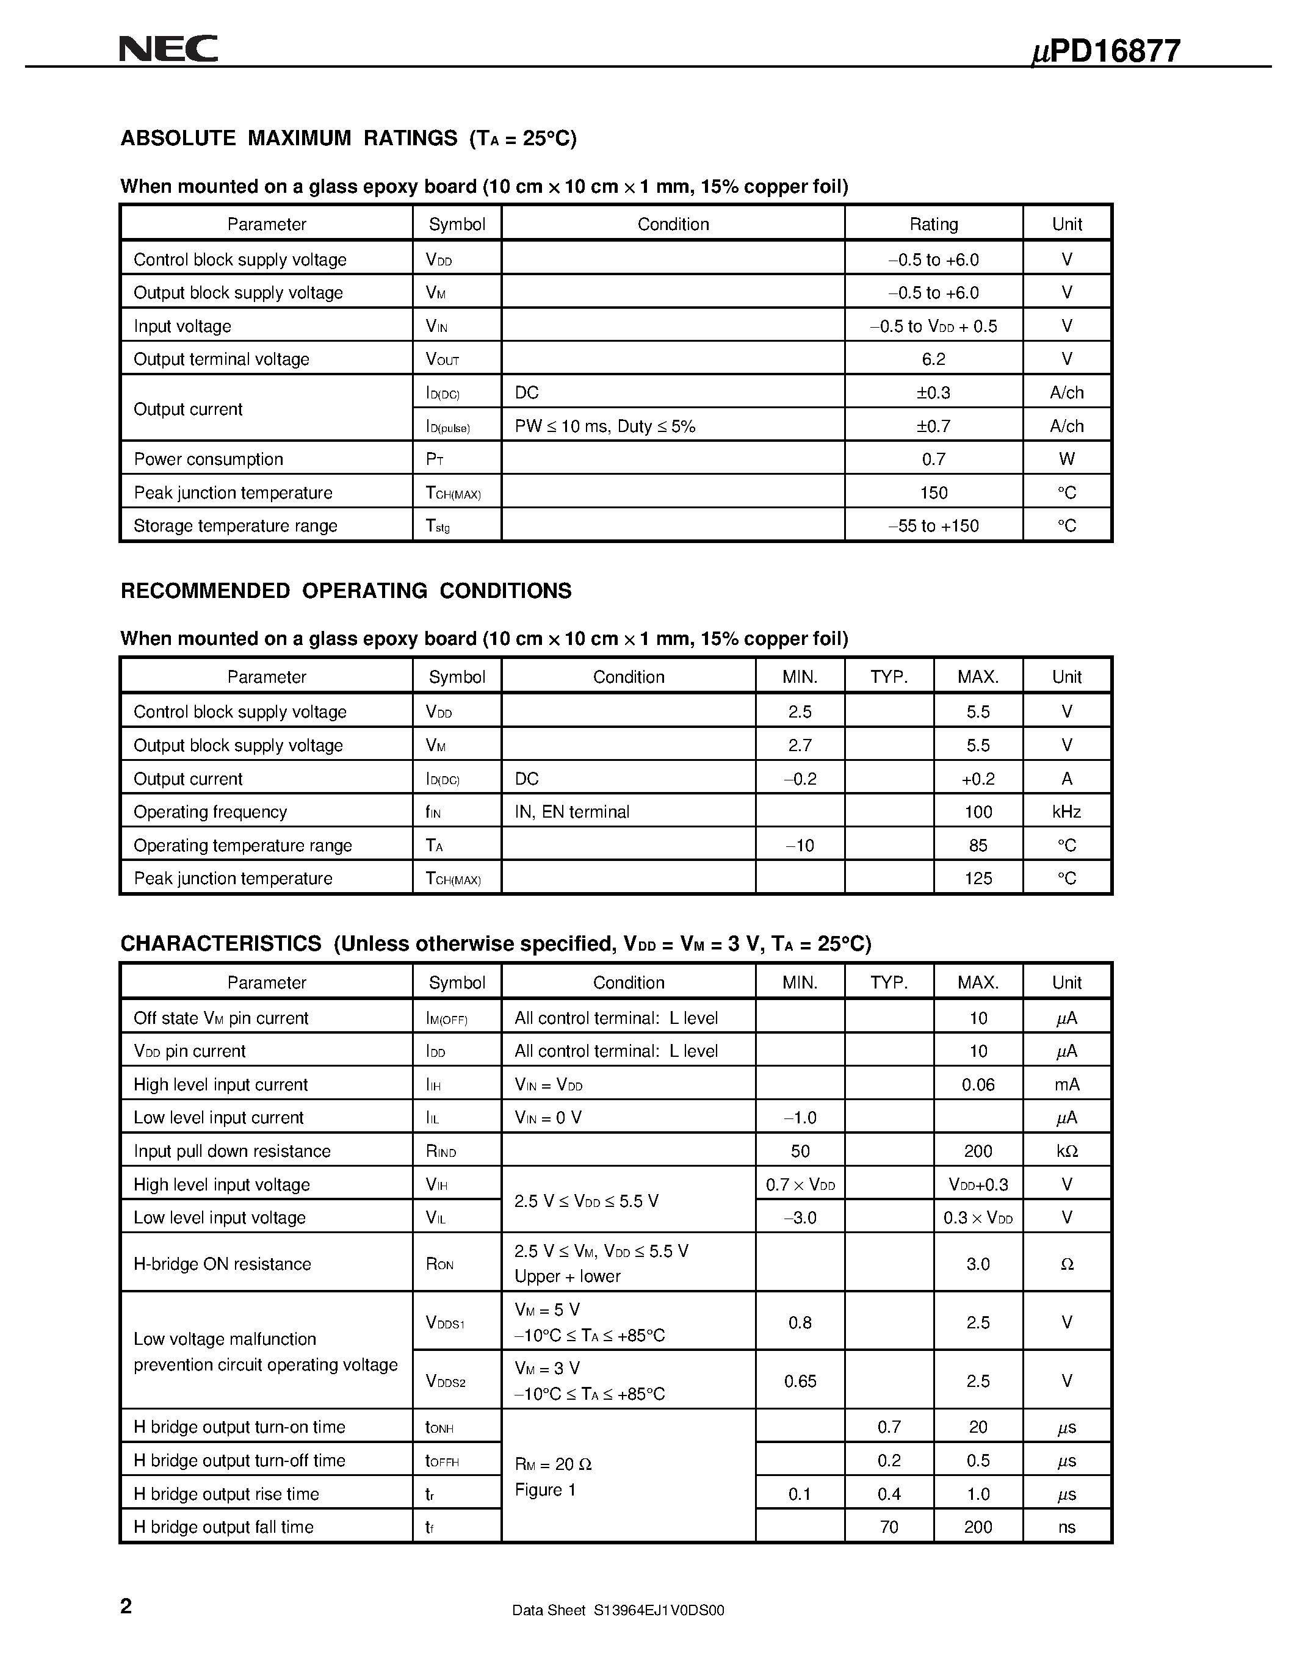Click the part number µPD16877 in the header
point(1105,51)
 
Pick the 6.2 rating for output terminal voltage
point(934,359)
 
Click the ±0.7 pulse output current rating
point(934,426)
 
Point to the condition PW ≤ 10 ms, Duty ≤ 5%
point(605,426)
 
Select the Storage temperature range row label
point(235,525)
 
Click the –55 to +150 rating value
point(934,525)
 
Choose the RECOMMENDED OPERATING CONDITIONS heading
point(345,591)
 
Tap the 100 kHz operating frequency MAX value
point(978,812)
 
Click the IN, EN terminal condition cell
point(572,812)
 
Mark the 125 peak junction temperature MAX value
point(978,878)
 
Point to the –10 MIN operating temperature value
point(800,845)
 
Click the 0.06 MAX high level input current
point(978,1084)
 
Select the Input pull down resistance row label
point(232,1151)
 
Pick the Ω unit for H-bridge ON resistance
point(1066,1264)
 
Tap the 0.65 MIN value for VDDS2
point(800,1381)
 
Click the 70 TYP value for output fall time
point(889,1527)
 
